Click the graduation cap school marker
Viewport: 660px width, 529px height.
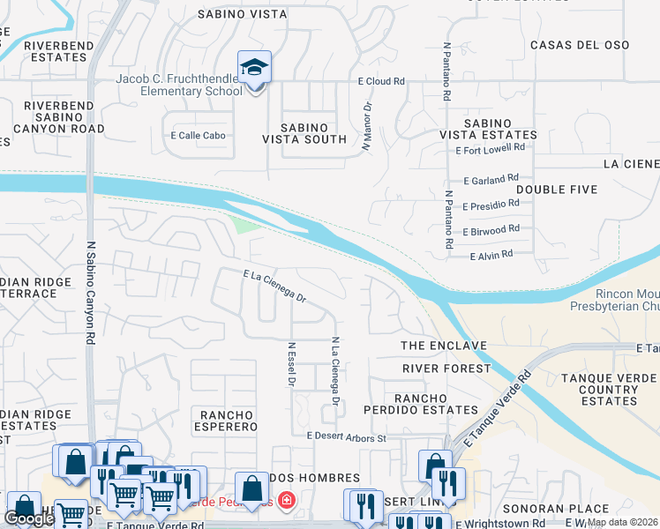(x=254, y=68)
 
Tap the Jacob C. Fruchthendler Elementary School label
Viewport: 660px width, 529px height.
(x=179, y=85)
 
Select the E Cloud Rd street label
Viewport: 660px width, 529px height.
(x=380, y=81)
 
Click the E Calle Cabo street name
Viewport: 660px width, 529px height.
(x=198, y=136)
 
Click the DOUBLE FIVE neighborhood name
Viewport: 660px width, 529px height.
(x=557, y=190)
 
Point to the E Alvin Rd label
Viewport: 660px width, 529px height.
(x=491, y=256)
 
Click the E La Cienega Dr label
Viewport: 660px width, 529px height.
(x=274, y=287)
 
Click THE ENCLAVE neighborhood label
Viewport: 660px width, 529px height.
(x=444, y=345)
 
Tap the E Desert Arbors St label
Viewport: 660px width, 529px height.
(x=347, y=437)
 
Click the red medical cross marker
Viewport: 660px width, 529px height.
(x=284, y=502)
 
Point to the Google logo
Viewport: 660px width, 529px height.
(x=29, y=518)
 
